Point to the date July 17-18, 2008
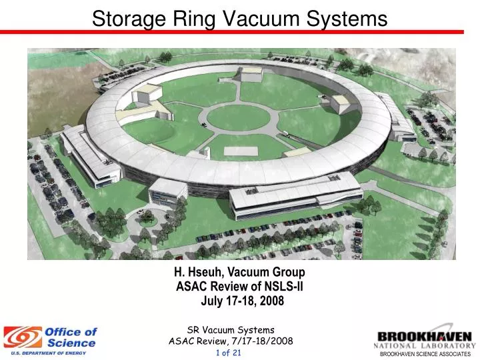[x=242, y=301]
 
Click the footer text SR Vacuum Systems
[x=231, y=329]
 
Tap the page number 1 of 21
[x=229, y=352]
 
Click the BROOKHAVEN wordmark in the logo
[x=425, y=336]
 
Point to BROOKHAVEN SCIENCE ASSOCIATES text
[x=425, y=354]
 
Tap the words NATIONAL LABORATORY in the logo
[x=424, y=345]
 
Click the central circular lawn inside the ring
[x=237, y=118]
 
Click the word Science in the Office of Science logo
[x=72, y=343]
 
